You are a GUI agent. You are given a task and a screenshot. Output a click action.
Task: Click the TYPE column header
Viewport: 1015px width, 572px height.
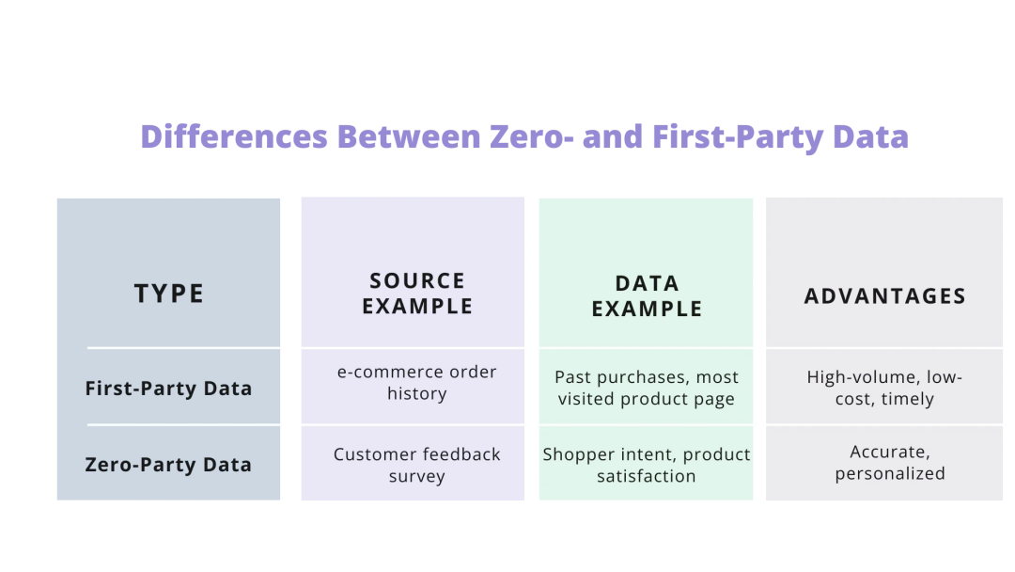[169, 294]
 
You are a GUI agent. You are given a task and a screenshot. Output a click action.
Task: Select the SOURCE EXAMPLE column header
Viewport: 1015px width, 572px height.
[417, 294]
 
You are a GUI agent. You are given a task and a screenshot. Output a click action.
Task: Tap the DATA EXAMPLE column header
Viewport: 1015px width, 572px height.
[647, 295]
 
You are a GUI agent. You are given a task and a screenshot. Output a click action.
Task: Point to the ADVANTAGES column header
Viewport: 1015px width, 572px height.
[884, 296]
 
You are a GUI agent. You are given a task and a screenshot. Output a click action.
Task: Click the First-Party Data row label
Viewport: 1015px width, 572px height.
[168, 388]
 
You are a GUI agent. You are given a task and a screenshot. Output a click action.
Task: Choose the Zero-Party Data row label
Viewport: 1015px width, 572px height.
[168, 464]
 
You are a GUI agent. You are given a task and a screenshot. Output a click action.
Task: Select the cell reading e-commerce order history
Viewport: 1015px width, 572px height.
[417, 383]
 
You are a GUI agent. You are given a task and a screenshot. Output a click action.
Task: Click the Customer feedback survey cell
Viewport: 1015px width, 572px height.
[417, 465]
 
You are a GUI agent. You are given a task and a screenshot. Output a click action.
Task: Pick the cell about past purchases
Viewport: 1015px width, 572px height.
[647, 388]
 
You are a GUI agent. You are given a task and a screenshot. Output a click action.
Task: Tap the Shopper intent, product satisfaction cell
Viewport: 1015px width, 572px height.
[647, 465]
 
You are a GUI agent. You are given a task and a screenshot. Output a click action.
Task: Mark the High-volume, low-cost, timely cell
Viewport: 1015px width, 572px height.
[884, 388]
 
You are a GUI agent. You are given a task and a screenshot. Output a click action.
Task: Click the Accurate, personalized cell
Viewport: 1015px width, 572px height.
[889, 463]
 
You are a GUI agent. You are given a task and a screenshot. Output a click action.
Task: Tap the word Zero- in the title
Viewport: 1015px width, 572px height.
[532, 137]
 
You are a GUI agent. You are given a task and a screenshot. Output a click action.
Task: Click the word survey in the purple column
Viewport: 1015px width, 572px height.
[416, 477]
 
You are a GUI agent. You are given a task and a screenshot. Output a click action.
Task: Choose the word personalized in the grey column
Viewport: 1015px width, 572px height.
[889, 474]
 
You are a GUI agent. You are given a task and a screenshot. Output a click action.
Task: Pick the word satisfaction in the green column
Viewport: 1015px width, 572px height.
[647, 477]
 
